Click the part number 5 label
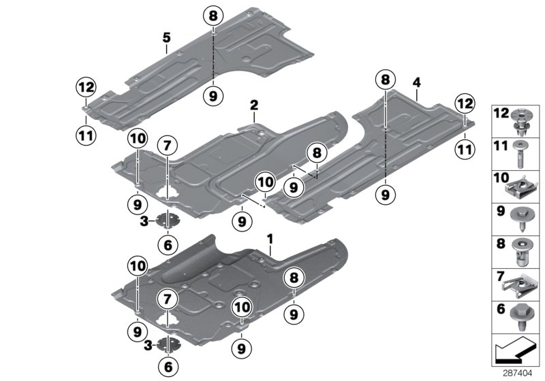point(166,38)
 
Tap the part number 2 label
point(253,105)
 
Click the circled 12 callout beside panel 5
point(87,87)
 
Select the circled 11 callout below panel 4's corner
point(465,148)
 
